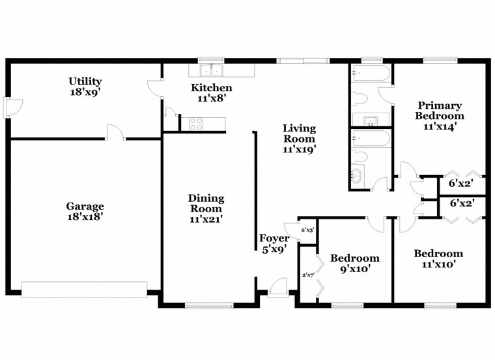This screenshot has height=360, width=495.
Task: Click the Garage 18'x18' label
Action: [x=85, y=212]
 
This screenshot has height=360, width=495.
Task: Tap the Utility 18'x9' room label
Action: [x=85, y=87]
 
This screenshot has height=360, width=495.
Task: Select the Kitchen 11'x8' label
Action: [x=211, y=93]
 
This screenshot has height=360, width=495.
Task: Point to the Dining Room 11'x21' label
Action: [x=206, y=208]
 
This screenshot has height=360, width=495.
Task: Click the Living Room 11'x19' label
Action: [x=299, y=138]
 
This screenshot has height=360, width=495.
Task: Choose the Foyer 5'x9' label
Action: [x=274, y=243]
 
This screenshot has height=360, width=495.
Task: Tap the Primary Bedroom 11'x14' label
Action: [x=440, y=115]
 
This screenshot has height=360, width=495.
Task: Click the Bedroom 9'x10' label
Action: [x=354, y=262]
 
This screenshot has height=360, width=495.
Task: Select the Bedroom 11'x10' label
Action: [x=438, y=258]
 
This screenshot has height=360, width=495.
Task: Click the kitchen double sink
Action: [x=211, y=70]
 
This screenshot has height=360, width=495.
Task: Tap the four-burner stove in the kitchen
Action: [x=195, y=123]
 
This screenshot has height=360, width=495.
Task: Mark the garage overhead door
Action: [x=84, y=290]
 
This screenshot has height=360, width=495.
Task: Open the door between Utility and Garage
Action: [x=116, y=133]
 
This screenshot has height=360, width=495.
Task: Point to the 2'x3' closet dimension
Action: [x=307, y=230]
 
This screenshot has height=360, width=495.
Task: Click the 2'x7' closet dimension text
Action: [x=307, y=275]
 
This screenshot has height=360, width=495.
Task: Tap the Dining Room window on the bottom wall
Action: [x=209, y=305]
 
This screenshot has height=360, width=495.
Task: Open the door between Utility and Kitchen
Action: [x=155, y=88]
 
